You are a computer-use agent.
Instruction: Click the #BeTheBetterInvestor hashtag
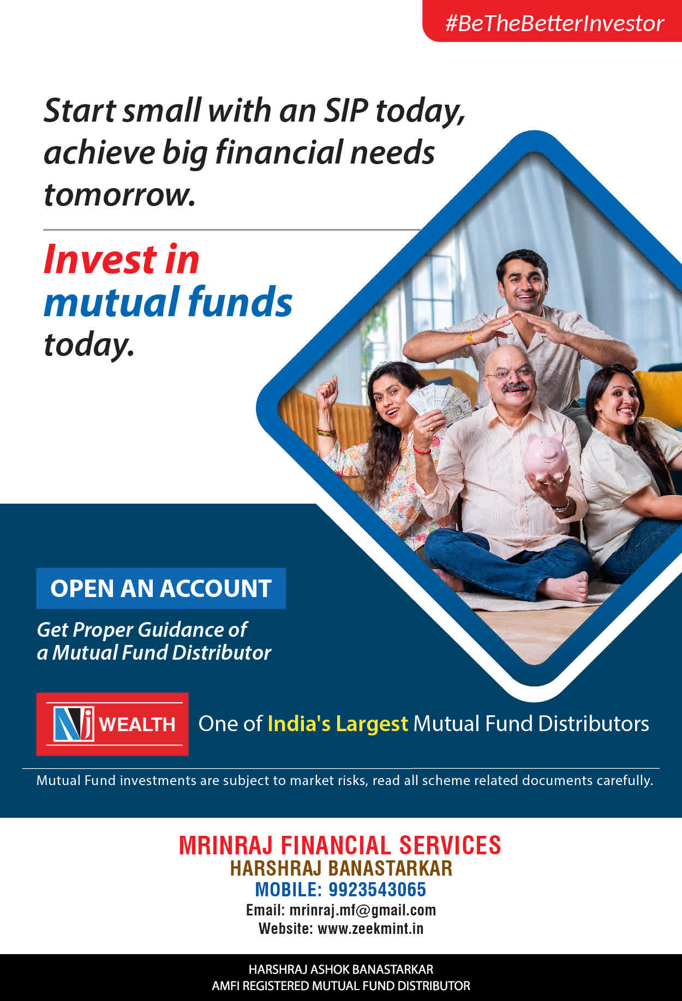click(x=554, y=23)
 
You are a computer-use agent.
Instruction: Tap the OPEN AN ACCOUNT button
click(x=161, y=588)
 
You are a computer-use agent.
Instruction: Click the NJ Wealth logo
click(x=112, y=724)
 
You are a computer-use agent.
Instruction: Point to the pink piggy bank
click(x=545, y=456)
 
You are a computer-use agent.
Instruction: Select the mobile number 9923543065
click(x=377, y=889)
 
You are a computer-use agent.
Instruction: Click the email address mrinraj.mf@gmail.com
click(x=363, y=910)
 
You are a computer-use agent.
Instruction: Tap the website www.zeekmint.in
click(x=370, y=928)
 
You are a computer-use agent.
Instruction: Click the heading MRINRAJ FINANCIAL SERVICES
click(x=340, y=845)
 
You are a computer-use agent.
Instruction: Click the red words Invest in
click(x=121, y=259)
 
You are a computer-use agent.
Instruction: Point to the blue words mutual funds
click(x=168, y=301)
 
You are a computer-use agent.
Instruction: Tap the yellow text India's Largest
click(x=338, y=723)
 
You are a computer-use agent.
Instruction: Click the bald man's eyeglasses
click(x=510, y=373)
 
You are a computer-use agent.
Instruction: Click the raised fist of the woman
click(x=327, y=389)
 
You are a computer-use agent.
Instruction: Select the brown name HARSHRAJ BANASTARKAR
click(x=341, y=868)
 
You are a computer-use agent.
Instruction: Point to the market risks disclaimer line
click(x=344, y=780)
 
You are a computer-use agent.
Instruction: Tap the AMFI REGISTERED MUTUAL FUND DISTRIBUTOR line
click(x=341, y=986)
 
